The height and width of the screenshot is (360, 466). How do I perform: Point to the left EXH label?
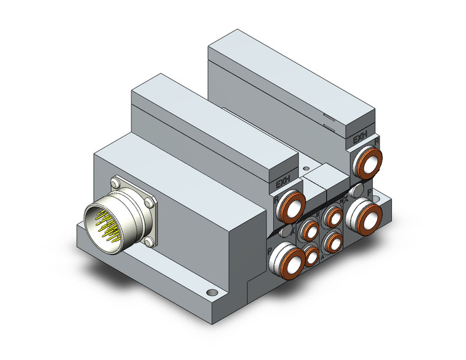283,183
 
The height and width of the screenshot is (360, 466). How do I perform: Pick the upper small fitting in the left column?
309,231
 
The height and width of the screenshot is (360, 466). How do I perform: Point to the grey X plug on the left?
285,231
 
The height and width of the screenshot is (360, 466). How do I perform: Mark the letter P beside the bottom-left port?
269,251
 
